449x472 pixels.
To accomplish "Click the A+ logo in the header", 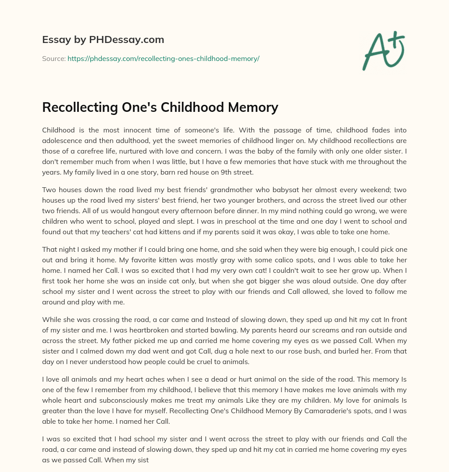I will coord(383,50).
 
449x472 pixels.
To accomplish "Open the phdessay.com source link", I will coord(163,58).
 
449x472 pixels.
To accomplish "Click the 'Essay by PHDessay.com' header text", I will coord(103,40).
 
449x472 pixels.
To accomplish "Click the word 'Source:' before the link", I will coord(54,58).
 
